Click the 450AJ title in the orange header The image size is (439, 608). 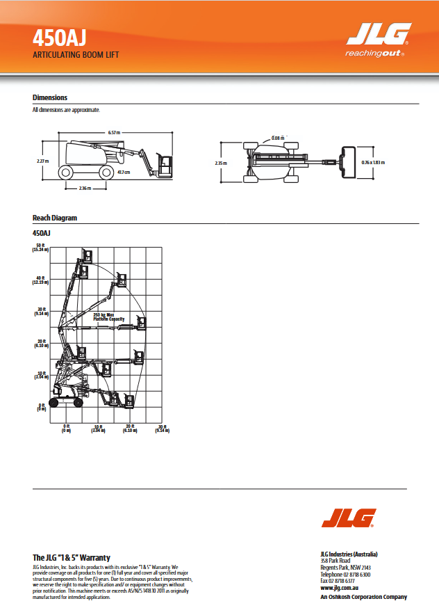pyautogui.click(x=59, y=37)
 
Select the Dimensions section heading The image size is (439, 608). pyautogui.click(x=50, y=97)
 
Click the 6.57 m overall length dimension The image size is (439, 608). pyautogui.click(x=114, y=132)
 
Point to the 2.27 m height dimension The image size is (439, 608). pyautogui.click(x=42, y=161)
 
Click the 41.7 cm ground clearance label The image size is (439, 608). pyautogui.click(x=124, y=172)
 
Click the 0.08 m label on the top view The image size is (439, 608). pyautogui.click(x=278, y=138)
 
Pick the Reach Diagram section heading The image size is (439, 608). pyautogui.click(x=55, y=218)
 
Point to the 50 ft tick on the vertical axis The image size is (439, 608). pyautogui.click(x=40, y=247)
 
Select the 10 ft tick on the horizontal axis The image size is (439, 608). pyautogui.click(x=98, y=428)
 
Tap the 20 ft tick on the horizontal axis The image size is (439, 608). pyautogui.click(x=130, y=428)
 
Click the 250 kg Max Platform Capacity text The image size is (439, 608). pyautogui.click(x=108, y=317)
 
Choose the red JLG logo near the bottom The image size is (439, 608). pyautogui.click(x=348, y=518)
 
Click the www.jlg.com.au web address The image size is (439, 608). pyautogui.click(x=339, y=588)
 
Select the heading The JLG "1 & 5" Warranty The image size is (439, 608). pyautogui.click(x=72, y=558)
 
